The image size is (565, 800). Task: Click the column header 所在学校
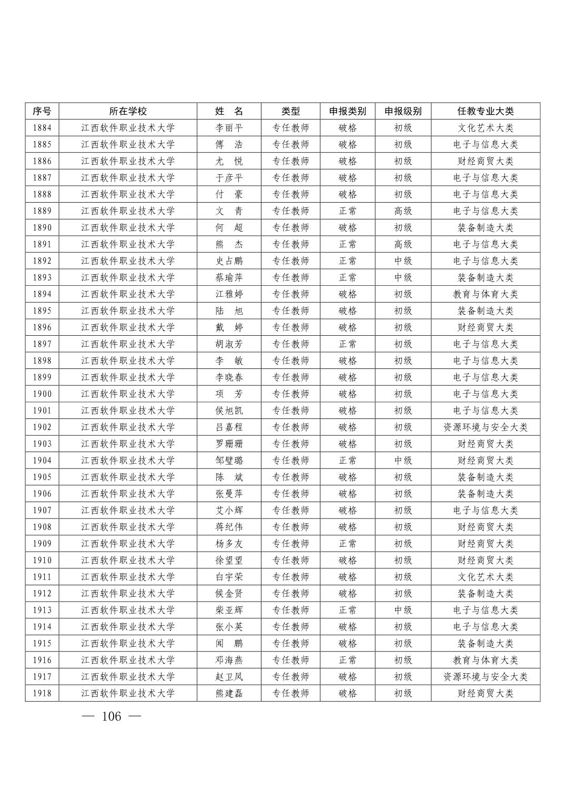(128, 111)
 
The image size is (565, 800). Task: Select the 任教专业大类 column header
(485, 111)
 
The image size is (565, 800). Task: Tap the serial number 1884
(42, 128)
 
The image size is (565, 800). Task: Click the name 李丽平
(229, 128)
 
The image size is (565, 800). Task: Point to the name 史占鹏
(229, 261)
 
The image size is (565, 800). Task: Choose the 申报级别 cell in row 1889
(403, 211)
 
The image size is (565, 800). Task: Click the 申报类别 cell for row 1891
(347, 244)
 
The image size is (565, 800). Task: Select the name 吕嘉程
(229, 427)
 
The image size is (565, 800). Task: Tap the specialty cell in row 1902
(485, 427)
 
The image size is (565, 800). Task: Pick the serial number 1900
(42, 394)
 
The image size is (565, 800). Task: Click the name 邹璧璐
(229, 461)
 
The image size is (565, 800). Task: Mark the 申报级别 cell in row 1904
(403, 461)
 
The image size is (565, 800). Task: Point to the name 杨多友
(229, 544)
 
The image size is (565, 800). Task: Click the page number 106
(112, 716)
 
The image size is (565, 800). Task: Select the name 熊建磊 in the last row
(229, 693)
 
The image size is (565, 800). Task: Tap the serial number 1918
(42, 693)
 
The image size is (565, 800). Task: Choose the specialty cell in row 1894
(485, 294)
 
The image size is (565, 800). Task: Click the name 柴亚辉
(229, 610)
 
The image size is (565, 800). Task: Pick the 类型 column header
(290, 111)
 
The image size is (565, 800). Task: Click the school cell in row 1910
(128, 561)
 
